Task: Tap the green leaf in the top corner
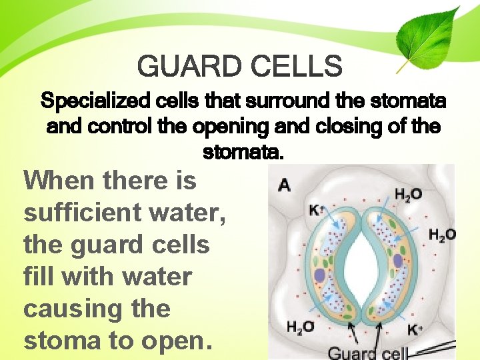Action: point(430,37)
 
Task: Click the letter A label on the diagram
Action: point(284,185)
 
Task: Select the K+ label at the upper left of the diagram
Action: point(315,211)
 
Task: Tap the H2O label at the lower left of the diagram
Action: point(300,327)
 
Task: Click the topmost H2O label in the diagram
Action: point(407,195)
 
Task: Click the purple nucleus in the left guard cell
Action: point(320,275)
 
